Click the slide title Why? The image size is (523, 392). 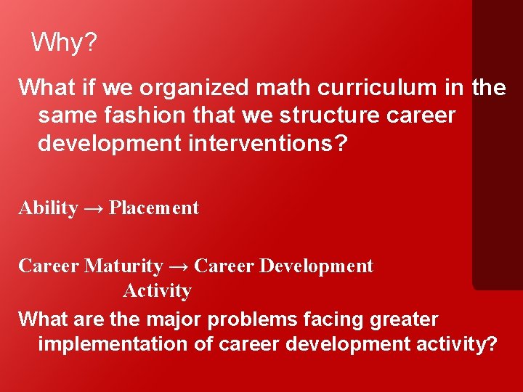pos(64,43)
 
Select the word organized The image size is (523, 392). pos(194,89)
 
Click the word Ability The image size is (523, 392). pos(48,208)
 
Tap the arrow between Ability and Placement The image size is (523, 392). pos(93,208)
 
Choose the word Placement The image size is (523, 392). pos(153,208)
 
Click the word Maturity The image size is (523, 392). pos(123,266)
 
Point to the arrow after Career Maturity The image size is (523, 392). pos(179,266)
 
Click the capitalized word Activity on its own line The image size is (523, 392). pos(157,291)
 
